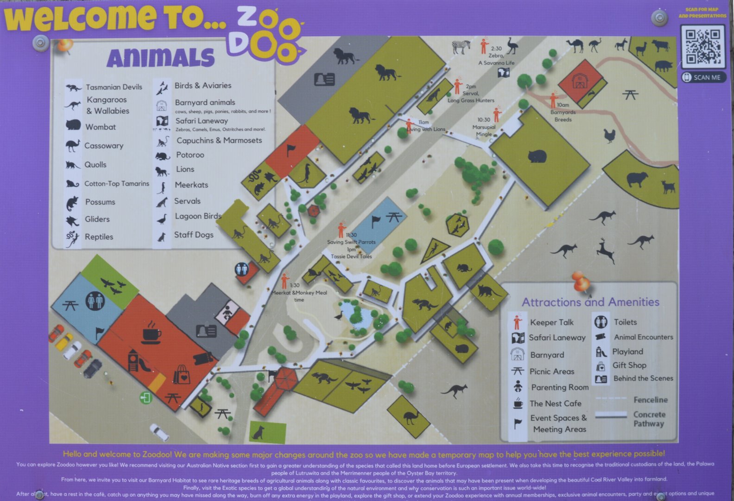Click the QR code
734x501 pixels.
703,46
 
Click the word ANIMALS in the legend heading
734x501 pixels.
161,58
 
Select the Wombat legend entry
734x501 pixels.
100,127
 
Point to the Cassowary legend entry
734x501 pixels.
103,146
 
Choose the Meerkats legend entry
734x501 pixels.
191,185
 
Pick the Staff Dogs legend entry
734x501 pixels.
193,235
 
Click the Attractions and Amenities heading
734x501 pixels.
590,302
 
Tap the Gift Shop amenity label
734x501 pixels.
629,365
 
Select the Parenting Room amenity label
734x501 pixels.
559,387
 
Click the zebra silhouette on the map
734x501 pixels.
461,47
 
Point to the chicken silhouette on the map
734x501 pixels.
609,136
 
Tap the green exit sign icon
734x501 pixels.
146,398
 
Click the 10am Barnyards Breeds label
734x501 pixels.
563,112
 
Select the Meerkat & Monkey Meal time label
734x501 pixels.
299,293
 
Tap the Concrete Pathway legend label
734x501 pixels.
649,419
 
